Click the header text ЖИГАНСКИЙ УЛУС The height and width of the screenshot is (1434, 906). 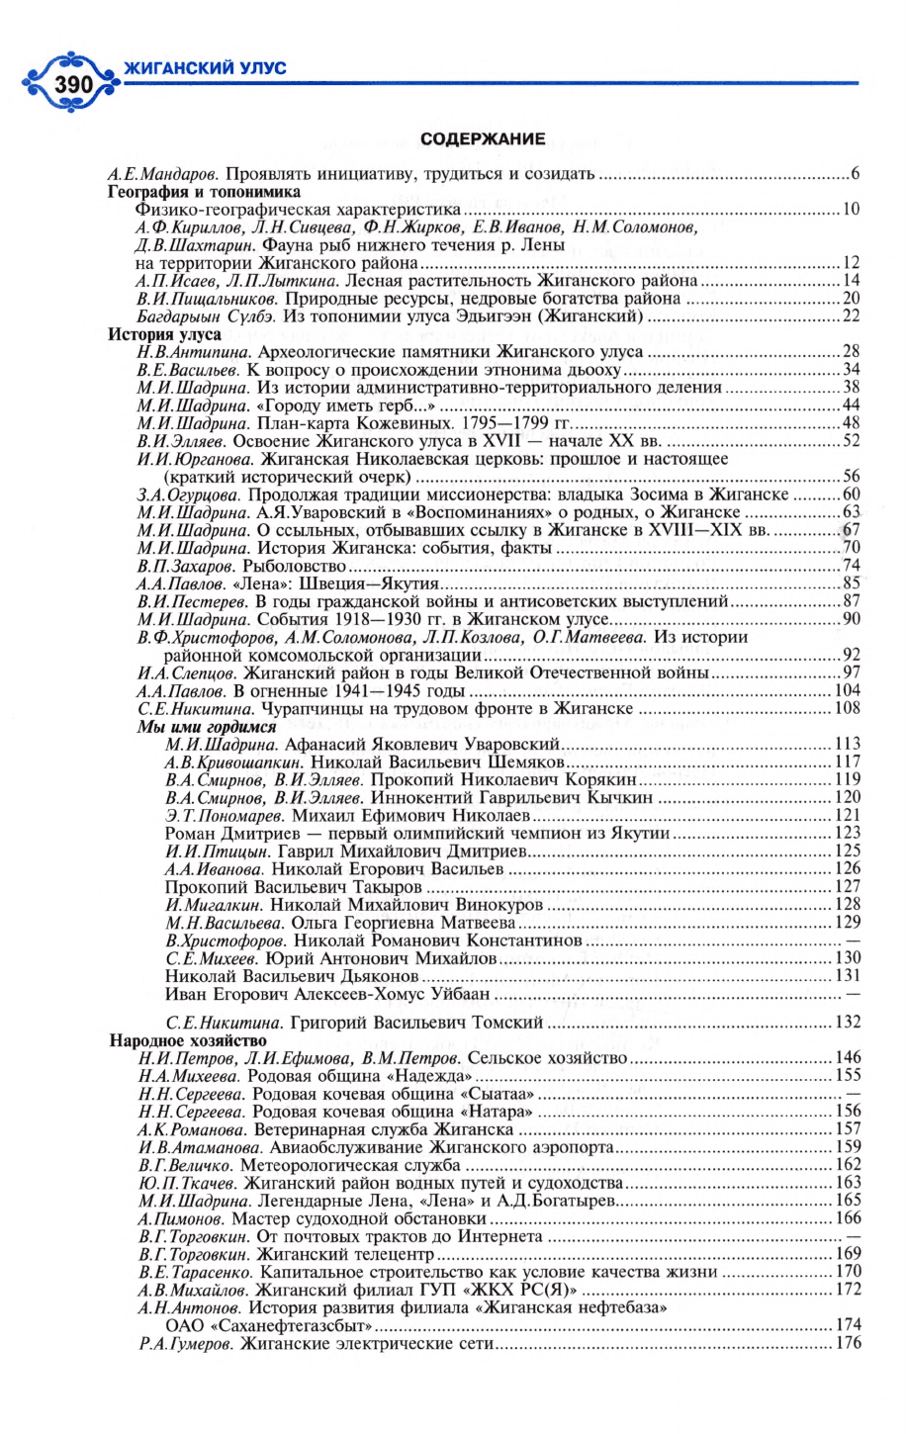(x=205, y=67)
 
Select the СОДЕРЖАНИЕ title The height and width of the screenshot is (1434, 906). (x=483, y=139)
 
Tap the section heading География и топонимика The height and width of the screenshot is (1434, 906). (x=204, y=192)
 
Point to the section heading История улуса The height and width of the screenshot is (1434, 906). (x=164, y=334)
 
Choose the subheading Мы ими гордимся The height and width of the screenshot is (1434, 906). (x=206, y=727)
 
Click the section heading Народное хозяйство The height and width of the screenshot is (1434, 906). (x=188, y=1040)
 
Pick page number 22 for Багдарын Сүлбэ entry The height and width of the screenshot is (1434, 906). (x=850, y=316)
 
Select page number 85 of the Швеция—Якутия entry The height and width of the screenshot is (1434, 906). (x=850, y=583)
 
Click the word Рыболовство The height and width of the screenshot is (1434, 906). (x=301, y=566)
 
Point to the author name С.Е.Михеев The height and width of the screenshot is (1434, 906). (x=212, y=958)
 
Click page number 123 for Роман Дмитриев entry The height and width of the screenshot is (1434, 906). (x=848, y=834)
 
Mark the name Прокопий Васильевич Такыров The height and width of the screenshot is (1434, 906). (x=293, y=887)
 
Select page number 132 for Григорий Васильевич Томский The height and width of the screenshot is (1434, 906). (x=848, y=1022)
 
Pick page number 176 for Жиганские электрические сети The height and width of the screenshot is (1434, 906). (x=848, y=1343)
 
